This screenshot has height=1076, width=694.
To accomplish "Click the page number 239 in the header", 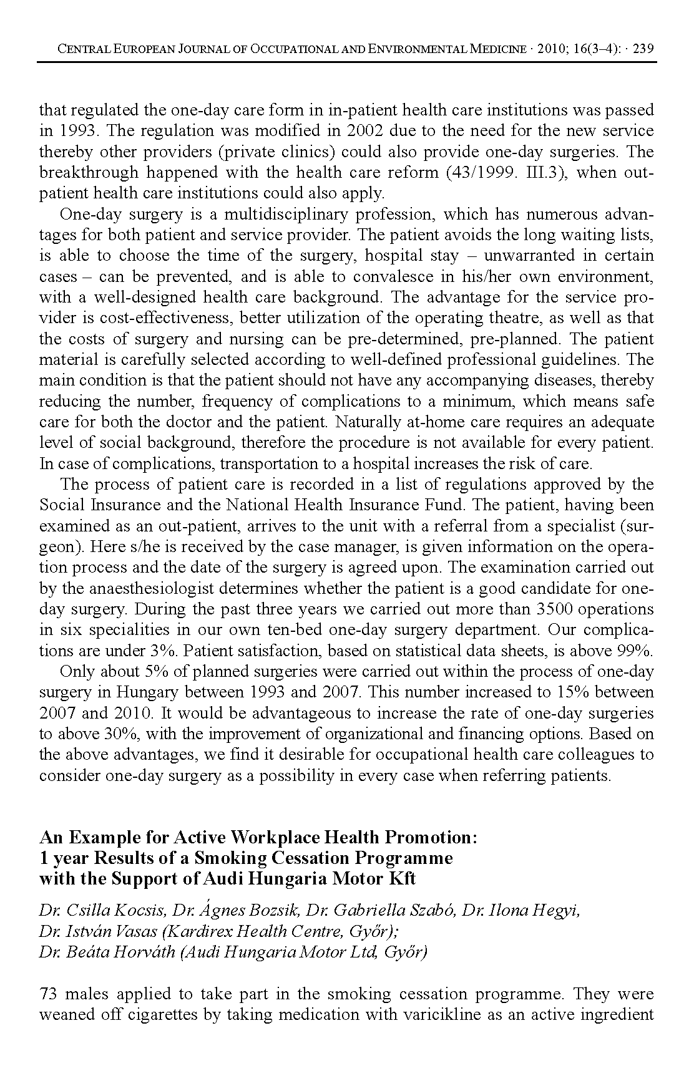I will (x=643, y=49).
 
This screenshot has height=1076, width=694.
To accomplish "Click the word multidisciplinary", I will (x=286, y=214).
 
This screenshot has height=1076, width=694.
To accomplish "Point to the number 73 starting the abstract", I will (x=49, y=994).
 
